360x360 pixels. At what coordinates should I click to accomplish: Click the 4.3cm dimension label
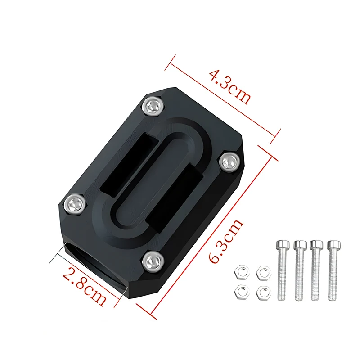pos(229,87)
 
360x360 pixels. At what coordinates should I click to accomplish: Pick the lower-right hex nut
pos(261,292)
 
